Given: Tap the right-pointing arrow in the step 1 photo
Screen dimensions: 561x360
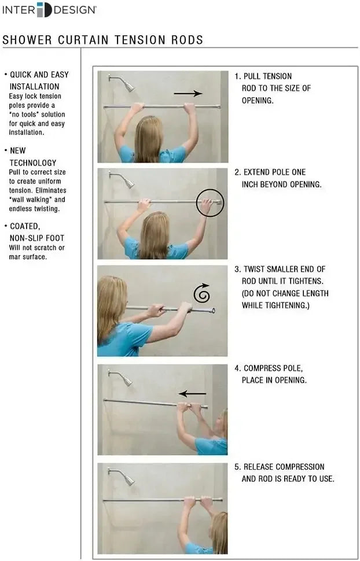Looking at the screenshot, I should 188,93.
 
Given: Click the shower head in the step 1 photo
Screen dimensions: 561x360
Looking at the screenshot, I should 128,86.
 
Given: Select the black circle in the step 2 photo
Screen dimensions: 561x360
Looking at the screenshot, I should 210,202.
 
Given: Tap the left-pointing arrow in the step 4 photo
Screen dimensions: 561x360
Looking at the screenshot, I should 192,394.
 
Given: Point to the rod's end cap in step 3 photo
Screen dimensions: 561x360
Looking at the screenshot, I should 212,311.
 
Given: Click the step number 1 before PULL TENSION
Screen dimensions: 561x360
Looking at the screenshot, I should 237,76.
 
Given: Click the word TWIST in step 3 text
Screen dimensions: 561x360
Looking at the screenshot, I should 255,269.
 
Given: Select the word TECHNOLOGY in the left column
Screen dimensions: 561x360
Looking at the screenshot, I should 33,163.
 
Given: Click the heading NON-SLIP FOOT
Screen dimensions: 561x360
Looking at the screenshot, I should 37,238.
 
